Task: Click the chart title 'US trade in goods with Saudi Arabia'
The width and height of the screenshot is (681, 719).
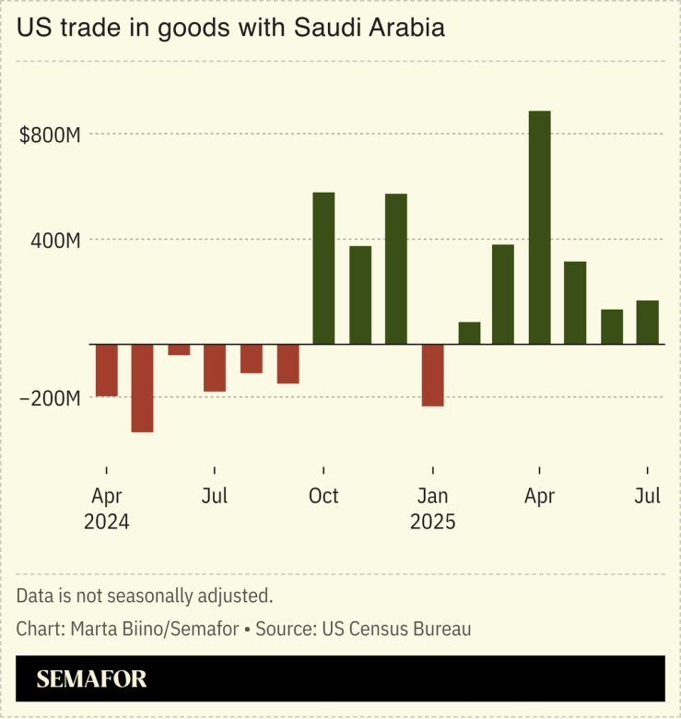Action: (230, 28)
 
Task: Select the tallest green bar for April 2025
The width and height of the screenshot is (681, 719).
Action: (540, 228)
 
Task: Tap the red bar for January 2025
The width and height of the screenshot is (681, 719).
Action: (432, 375)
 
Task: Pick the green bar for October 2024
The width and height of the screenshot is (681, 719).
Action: (323, 268)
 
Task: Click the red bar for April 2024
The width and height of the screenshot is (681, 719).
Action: (107, 371)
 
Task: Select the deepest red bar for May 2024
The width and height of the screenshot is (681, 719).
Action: (143, 388)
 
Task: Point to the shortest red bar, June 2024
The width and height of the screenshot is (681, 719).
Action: (179, 350)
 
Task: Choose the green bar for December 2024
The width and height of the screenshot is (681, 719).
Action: (396, 269)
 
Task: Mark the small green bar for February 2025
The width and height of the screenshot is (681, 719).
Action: (469, 334)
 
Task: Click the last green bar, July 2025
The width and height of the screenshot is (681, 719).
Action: (648, 323)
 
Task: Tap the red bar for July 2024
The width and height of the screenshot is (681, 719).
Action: (215, 368)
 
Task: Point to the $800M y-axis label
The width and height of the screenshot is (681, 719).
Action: (51, 136)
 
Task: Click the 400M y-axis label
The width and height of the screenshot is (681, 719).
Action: (57, 241)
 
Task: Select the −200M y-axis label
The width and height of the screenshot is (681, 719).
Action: (51, 399)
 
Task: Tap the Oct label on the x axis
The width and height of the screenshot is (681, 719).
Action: (323, 496)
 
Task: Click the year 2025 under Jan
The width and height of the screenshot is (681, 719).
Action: (432, 522)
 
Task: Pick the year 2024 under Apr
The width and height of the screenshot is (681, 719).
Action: (107, 522)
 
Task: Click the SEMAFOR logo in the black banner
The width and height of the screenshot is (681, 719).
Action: (91, 680)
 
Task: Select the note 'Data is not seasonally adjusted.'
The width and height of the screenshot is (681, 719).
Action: (145, 595)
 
